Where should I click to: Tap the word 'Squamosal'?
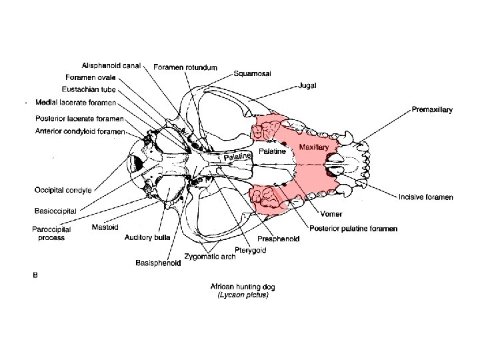click(x=251, y=74)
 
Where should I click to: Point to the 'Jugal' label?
click(x=308, y=86)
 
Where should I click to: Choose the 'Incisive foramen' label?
click(x=426, y=197)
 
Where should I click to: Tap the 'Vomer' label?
click(x=321, y=215)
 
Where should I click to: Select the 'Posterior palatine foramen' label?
click(x=353, y=229)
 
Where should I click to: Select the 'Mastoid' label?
click(x=105, y=227)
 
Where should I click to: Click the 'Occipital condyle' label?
click(x=63, y=190)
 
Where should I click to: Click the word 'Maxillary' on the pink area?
click(x=313, y=147)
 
